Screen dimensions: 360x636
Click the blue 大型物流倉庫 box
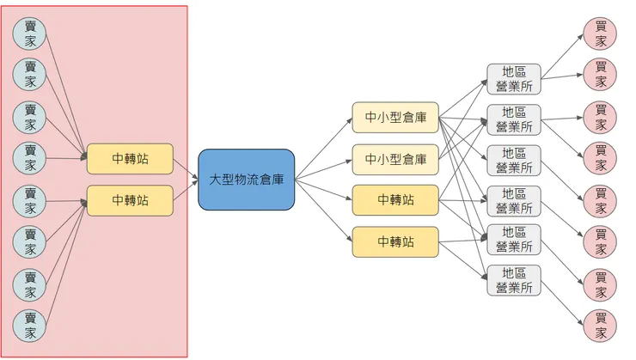pos(247,180)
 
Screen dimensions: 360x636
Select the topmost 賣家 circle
pos(30,33)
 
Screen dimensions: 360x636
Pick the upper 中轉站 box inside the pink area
pos(130,158)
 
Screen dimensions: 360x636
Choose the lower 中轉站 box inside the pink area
pos(130,200)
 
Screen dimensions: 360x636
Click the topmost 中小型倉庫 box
pos(395,118)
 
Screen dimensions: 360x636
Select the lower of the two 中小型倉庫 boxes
pos(395,159)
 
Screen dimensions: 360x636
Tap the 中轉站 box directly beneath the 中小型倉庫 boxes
pos(395,200)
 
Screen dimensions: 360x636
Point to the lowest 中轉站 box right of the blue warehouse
pos(395,241)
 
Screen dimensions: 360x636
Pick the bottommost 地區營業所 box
pos(514,280)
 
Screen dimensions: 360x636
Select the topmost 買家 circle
pos(600,32)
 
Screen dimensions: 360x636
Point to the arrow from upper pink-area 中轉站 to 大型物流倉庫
pos(186,166)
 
